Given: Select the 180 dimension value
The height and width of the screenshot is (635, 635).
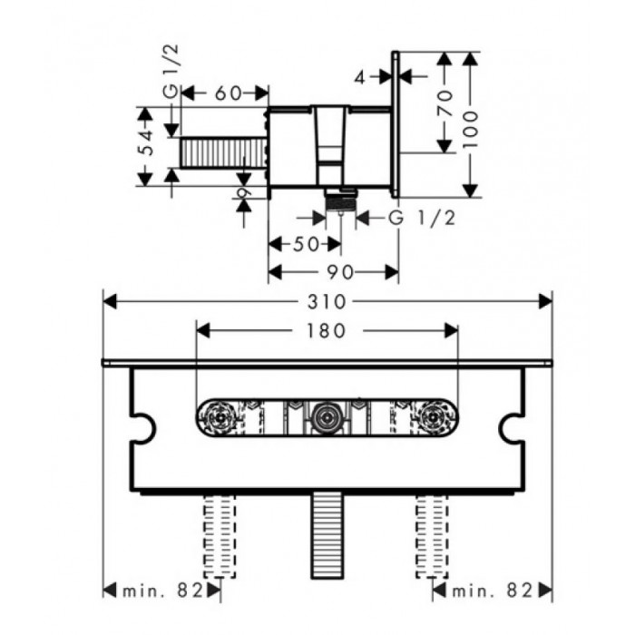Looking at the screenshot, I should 326,331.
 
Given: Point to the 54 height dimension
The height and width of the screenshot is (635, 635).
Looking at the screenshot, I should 146,143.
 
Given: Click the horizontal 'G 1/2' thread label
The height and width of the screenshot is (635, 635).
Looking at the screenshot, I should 421,218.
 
